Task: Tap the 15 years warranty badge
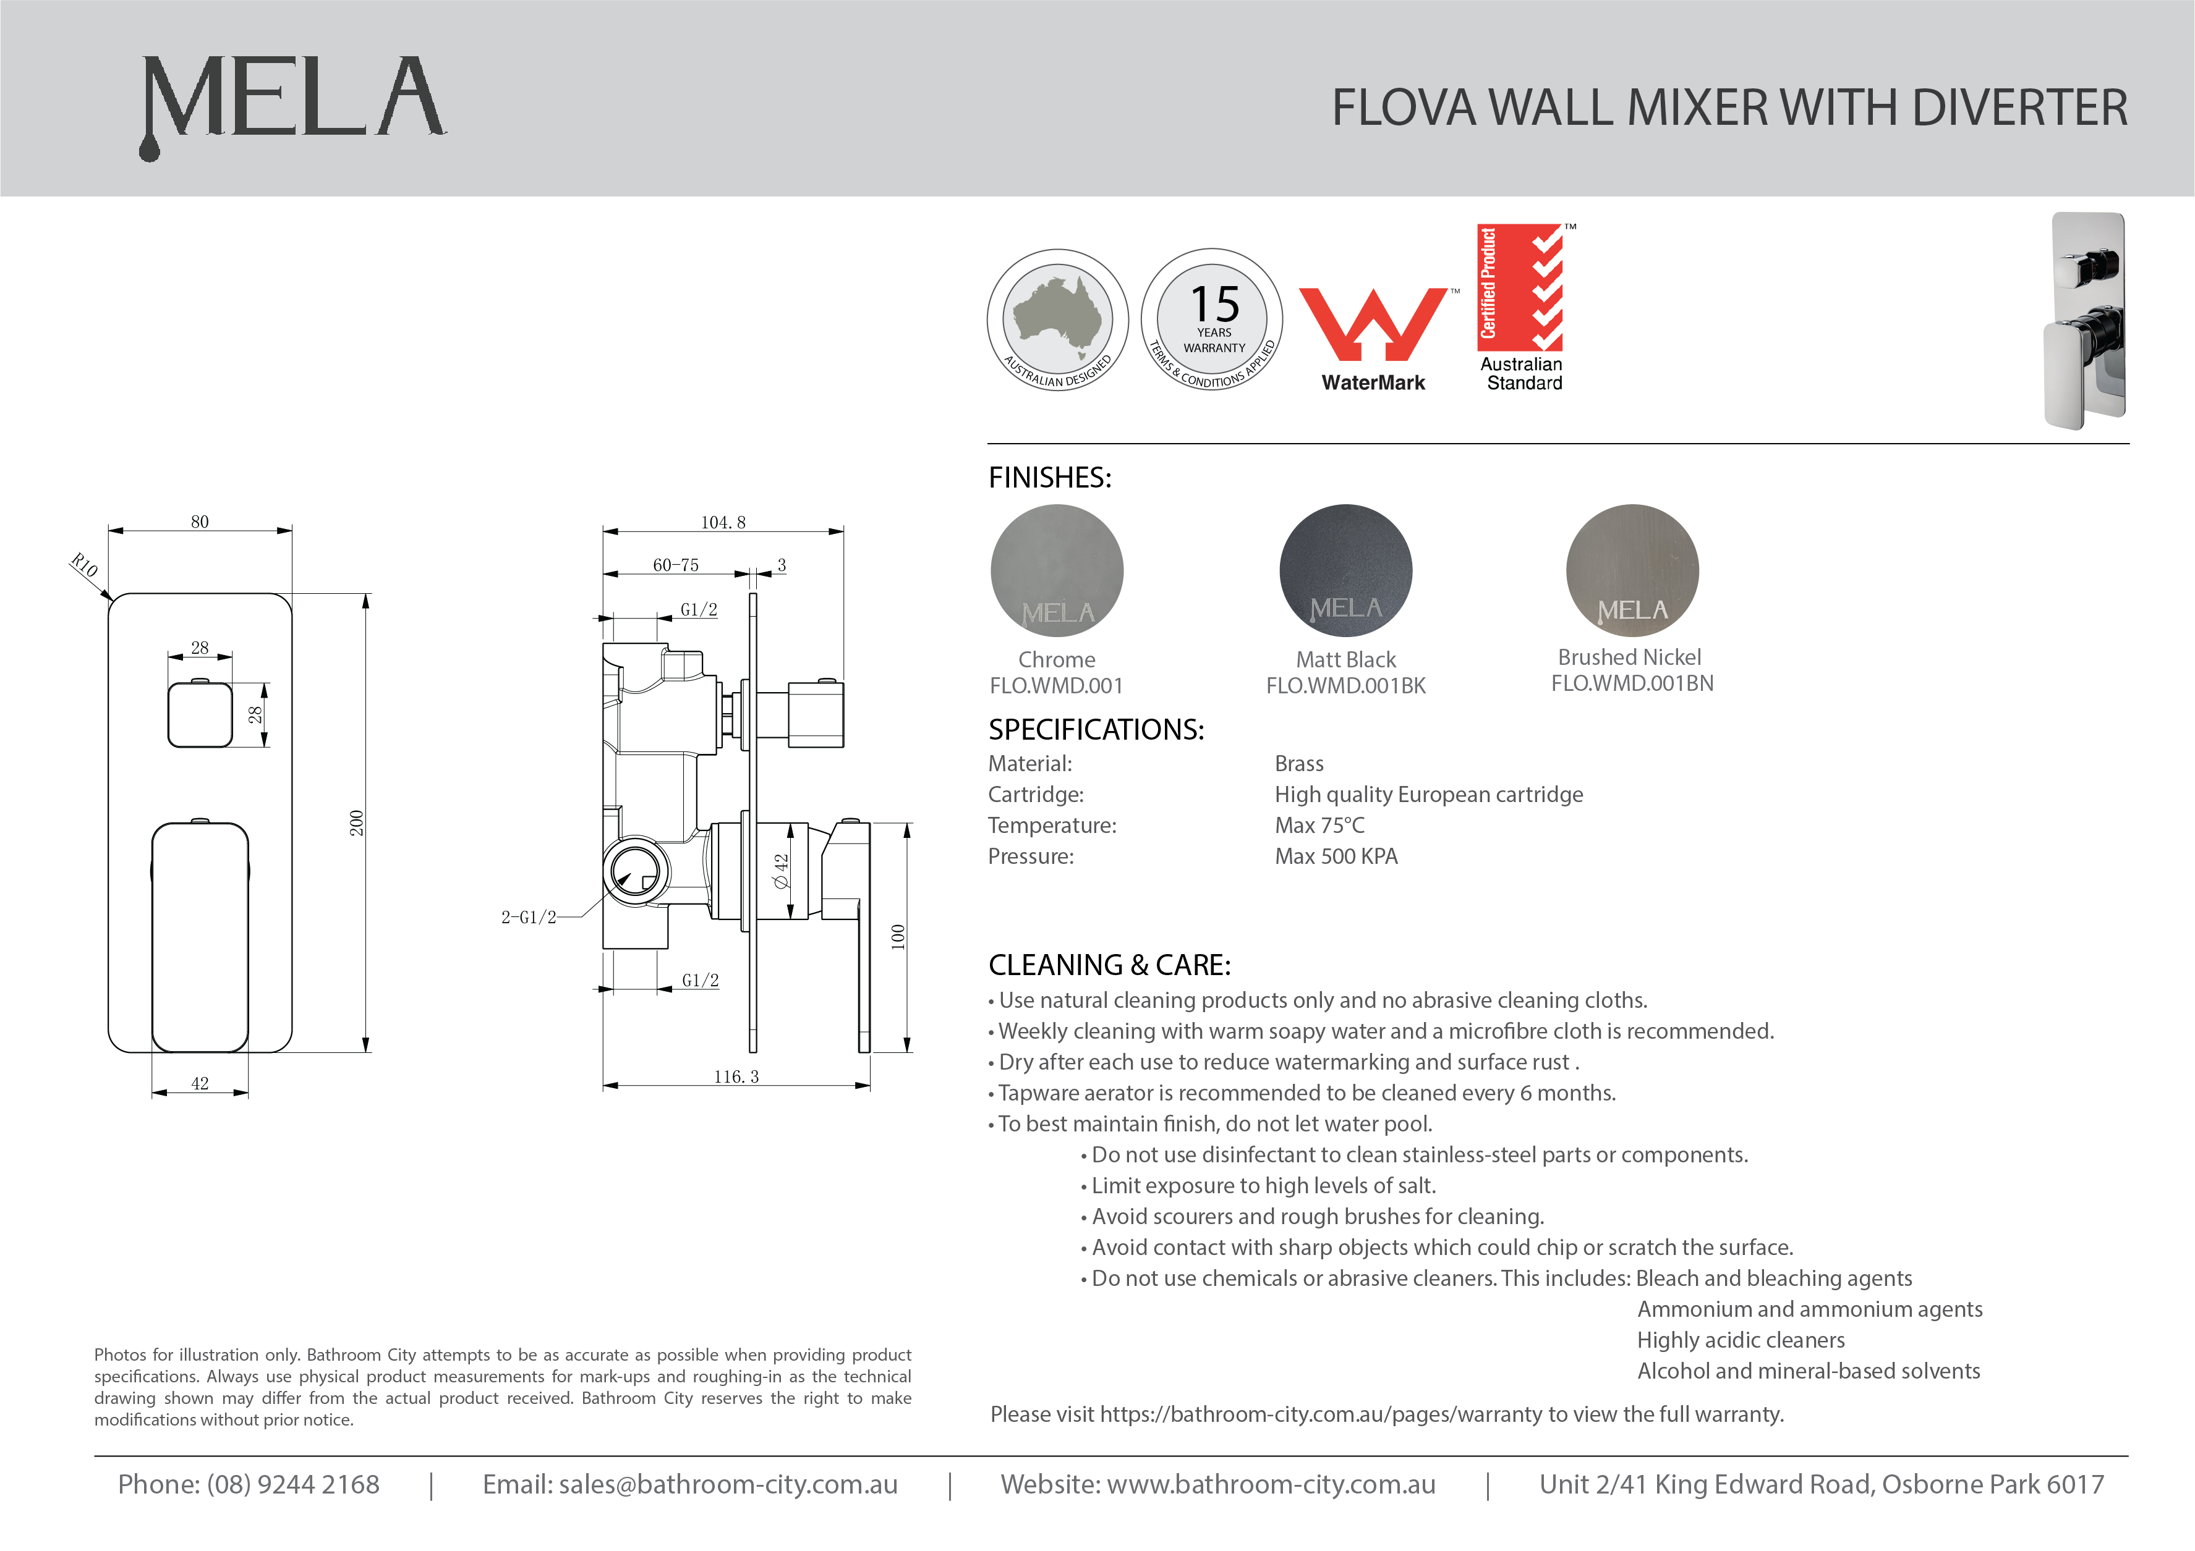tap(1213, 320)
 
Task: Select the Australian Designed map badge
tap(1057, 320)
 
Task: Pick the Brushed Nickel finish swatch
tap(1632, 570)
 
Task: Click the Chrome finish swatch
tap(1057, 570)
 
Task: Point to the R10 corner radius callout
tap(84, 566)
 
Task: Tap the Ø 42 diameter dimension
tap(781, 871)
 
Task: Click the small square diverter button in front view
tap(200, 715)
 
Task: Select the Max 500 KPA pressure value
tap(1336, 856)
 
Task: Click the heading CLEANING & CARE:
tap(1109, 965)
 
